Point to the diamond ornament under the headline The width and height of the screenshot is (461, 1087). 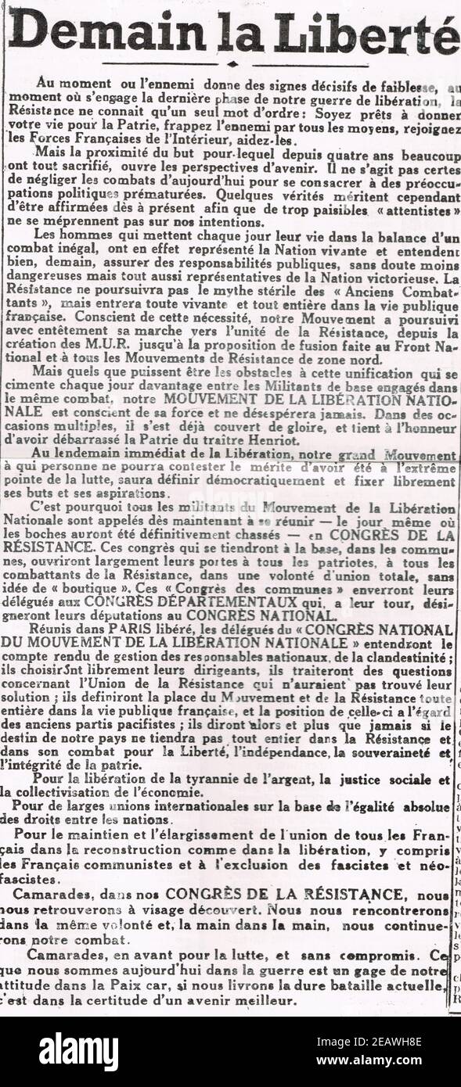tap(232, 64)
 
